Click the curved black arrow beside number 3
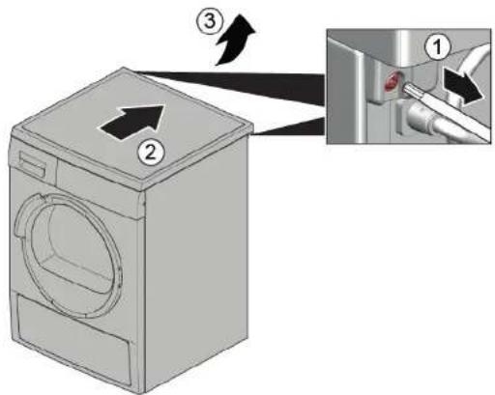pyautogui.click(x=235, y=43)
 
